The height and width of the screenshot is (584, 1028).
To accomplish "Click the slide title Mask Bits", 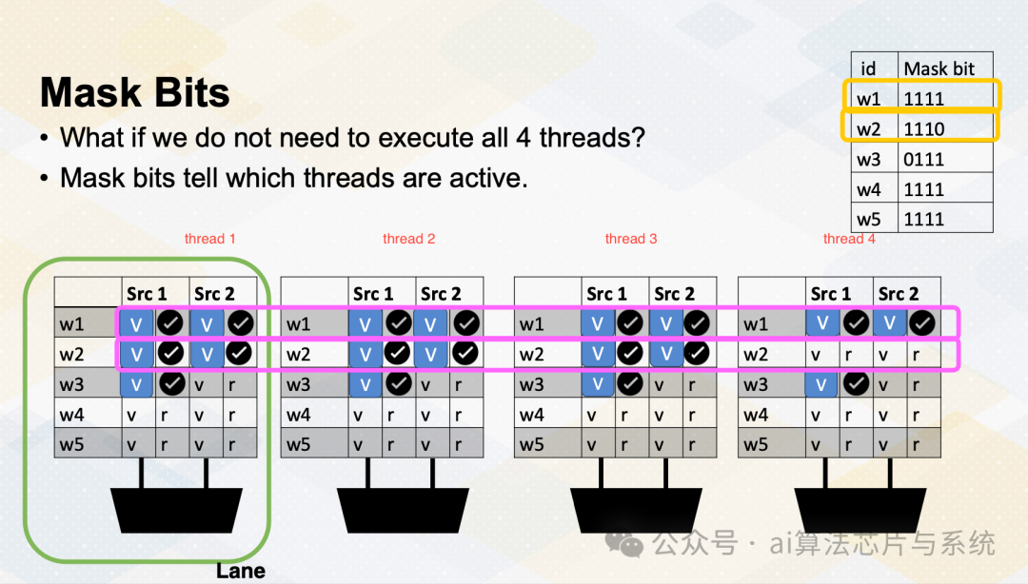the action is click(134, 92).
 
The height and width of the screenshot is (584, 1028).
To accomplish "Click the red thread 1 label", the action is click(209, 239).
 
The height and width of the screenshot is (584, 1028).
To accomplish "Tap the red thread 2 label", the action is click(409, 239).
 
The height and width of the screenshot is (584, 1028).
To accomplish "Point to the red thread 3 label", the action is click(631, 239).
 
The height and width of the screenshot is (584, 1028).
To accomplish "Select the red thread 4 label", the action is click(849, 239).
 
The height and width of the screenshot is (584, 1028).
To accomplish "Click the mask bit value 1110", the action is click(923, 129).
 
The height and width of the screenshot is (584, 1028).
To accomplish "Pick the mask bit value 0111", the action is click(923, 159).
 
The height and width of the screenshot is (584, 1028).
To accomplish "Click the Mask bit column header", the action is click(939, 68).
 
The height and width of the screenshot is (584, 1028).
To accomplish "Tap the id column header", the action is click(868, 68).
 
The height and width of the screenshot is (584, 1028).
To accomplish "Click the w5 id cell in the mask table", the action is click(869, 219).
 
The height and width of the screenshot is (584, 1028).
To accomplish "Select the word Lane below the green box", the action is click(241, 571).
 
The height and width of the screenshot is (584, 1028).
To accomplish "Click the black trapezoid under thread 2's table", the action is click(403, 510).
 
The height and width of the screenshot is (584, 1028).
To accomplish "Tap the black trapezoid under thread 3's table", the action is click(636, 510).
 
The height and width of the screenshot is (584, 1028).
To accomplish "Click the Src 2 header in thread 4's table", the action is click(899, 294).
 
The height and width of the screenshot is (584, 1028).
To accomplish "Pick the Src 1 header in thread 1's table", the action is click(147, 294).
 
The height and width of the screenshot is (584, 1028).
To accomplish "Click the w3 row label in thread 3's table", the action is click(532, 384).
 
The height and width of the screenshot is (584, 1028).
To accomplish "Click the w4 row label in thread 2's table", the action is click(298, 415).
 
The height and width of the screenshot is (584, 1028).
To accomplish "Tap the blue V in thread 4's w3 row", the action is click(821, 383).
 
